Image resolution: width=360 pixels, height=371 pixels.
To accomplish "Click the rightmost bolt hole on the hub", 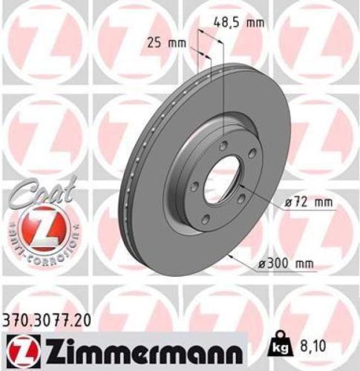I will [x=252, y=153].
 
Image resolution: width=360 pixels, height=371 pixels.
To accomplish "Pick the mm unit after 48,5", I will [x=255, y=23].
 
